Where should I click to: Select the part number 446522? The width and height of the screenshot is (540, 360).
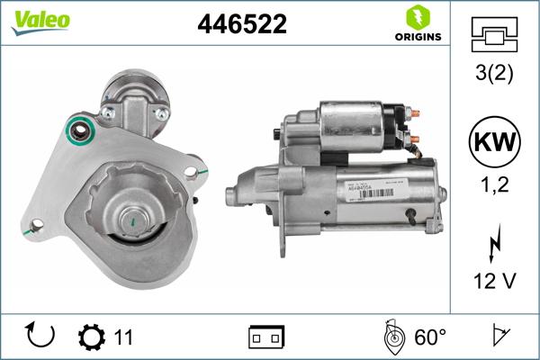pyautogui.click(x=241, y=24)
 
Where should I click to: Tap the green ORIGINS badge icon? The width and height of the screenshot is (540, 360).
pyautogui.click(x=416, y=17)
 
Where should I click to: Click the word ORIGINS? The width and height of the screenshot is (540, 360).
pyautogui.click(x=417, y=37)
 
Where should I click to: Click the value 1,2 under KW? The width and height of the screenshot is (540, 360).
pyautogui.click(x=493, y=187)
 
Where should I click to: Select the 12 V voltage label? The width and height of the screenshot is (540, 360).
pyautogui.click(x=493, y=282)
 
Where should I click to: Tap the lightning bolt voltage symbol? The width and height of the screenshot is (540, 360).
pyautogui.click(x=493, y=246)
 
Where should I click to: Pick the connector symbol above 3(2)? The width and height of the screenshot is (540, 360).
pyautogui.click(x=493, y=35)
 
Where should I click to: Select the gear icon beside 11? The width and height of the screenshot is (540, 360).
pyautogui.click(x=91, y=337)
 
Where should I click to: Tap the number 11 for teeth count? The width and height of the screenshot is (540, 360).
pyautogui.click(x=123, y=337)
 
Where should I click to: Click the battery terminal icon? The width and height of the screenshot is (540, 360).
pyautogui.click(x=266, y=337)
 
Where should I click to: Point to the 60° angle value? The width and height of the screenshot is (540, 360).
pyautogui.click(x=429, y=337)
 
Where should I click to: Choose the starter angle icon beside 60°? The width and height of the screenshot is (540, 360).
pyautogui.click(x=393, y=337)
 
